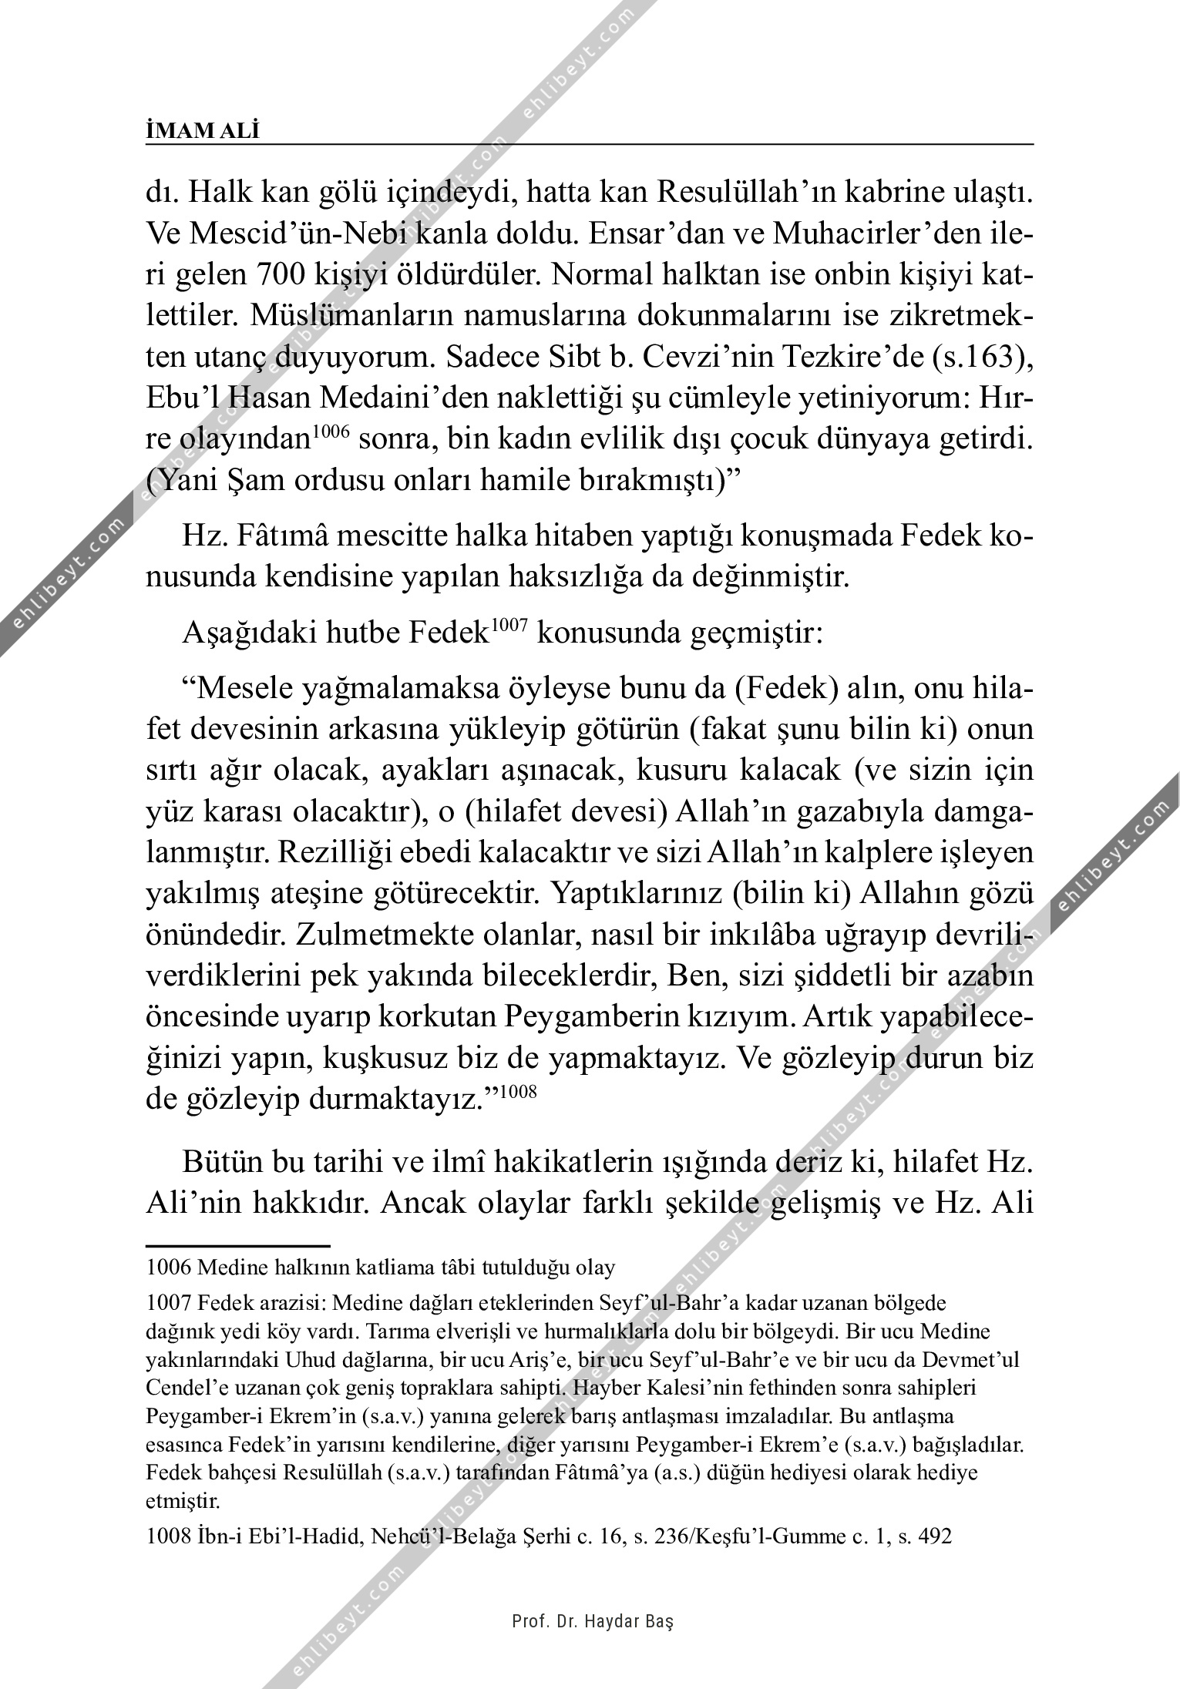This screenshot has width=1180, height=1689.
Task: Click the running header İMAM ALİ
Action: point(203,132)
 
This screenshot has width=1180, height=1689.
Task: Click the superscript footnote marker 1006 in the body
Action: point(332,433)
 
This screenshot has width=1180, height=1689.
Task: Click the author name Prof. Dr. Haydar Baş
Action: point(592,1622)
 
